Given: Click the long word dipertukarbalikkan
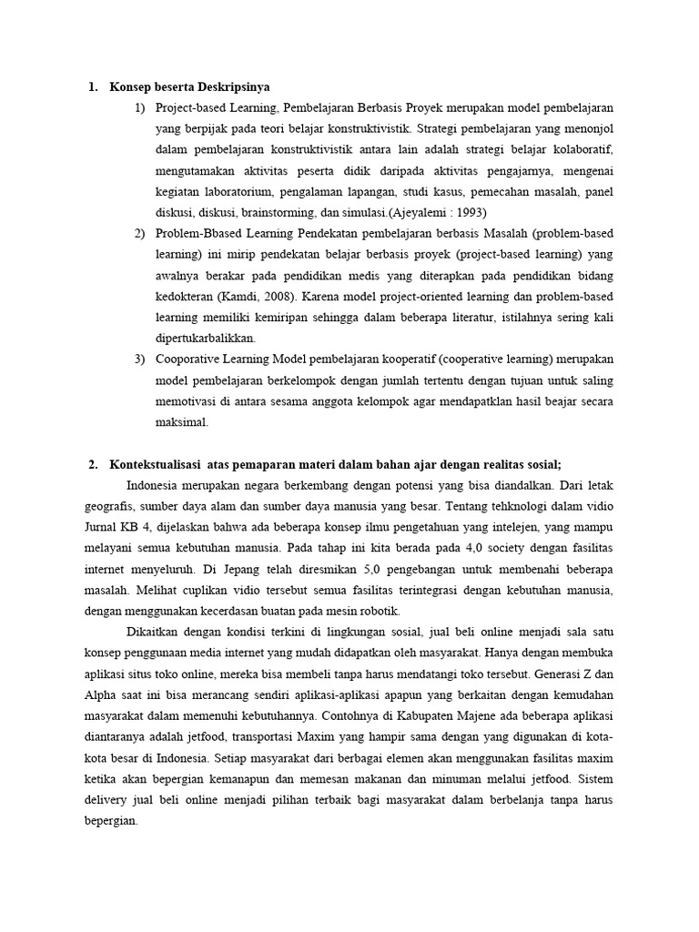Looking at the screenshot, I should [x=205, y=338].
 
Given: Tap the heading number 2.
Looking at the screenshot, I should [x=93, y=464].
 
